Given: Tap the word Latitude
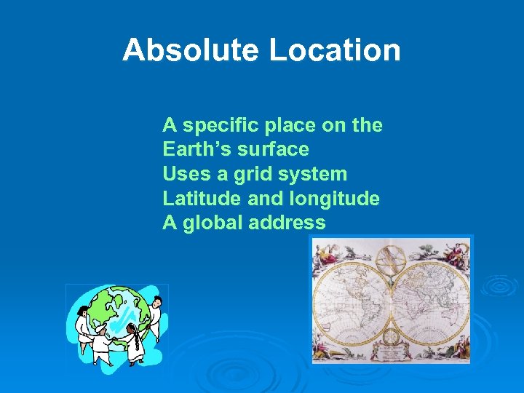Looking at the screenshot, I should [x=196, y=199].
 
